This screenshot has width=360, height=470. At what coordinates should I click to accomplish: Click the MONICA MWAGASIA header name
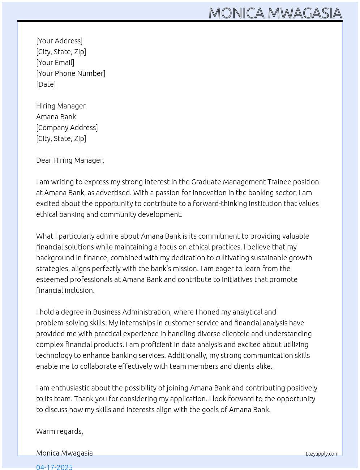pyautogui.click(x=275, y=13)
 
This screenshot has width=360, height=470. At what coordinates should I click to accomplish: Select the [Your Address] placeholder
pyautogui.click(x=59, y=41)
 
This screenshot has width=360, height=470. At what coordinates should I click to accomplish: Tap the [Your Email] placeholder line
pyautogui.click(x=55, y=63)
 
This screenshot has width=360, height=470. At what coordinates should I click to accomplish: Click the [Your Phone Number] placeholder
pyautogui.click(x=70, y=73)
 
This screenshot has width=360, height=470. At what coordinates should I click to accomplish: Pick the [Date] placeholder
pyautogui.click(x=46, y=84)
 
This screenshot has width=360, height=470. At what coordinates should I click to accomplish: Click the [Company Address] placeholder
pyautogui.click(x=67, y=128)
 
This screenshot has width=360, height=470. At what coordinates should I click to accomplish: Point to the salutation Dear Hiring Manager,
pyautogui.click(x=70, y=160)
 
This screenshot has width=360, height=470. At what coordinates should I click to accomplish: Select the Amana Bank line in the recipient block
pyautogui.click(x=56, y=117)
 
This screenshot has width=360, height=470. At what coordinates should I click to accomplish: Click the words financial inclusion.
pyautogui.click(x=65, y=290)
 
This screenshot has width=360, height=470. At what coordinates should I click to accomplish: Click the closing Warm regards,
pyautogui.click(x=59, y=431)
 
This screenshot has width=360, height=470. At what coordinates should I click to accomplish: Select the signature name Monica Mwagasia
pyautogui.click(x=64, y=453)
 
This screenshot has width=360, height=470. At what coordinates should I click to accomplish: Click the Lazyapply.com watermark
pyautogui.click(x=322, y=454)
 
